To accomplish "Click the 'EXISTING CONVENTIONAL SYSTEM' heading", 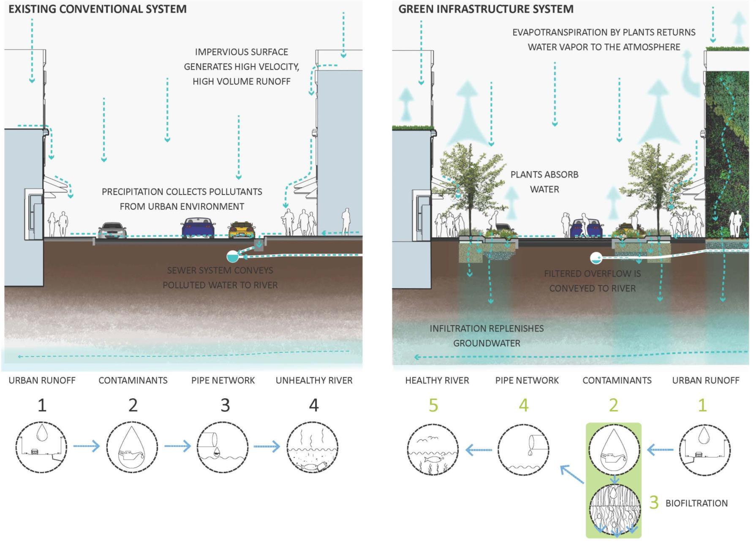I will (98, 9).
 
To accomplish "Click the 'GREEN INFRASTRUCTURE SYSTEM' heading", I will (486, 9).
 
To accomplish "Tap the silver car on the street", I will (112, 230).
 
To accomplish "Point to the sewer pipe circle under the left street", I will (232, 256).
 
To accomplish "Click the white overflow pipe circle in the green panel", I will (596, 258).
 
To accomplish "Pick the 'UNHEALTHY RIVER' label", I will (314, 380).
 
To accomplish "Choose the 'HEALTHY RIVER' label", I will (437, 380).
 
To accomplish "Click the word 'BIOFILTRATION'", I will (696, 503).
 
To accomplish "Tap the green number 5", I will (433, 405).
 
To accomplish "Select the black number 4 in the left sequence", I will (313, 405).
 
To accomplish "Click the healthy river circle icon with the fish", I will (433, 449).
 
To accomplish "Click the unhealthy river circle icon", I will (313, 447).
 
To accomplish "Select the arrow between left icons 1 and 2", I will (86, 446).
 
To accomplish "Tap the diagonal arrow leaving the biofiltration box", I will (571, 474).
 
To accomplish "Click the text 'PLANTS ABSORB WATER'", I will (544, 182).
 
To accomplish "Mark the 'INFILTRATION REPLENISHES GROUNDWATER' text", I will (487, 336).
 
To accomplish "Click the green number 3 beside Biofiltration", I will (654, 503).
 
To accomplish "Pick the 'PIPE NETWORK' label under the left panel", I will (223, 380).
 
